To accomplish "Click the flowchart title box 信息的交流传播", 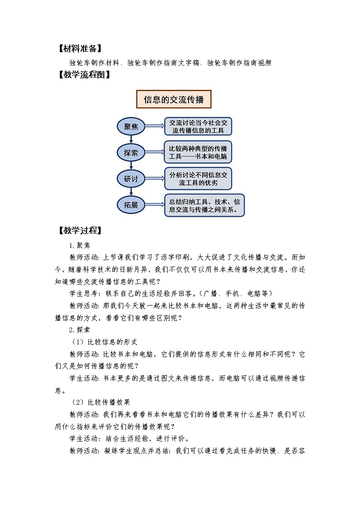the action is [174, 99].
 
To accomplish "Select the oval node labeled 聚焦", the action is [131, 126].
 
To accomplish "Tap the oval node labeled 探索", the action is [131, 153].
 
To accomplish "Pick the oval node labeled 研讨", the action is [131, 179].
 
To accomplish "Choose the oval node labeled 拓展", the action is [131, 205].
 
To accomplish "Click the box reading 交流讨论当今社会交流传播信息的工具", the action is [198, 126].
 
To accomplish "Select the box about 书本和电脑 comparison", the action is [198, 153].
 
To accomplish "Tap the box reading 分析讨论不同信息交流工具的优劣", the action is [198, 179].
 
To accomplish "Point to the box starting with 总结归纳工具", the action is [204, 205].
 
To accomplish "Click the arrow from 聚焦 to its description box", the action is [155, 126].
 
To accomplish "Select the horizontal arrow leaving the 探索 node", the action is [155, 153].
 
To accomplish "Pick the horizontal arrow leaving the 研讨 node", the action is [155, 179].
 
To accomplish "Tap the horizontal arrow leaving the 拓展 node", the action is [155, 205].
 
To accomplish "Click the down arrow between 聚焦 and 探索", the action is [131, 139].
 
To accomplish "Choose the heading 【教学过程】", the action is [79, 230].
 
